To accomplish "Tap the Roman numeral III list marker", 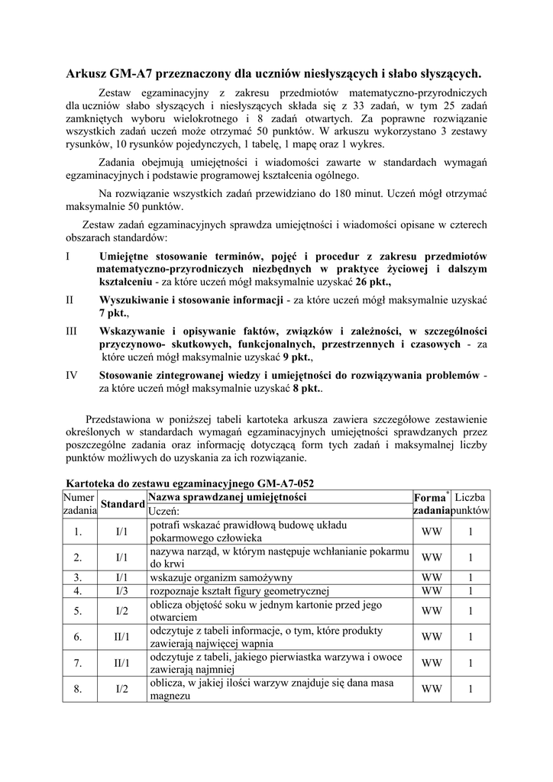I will point(72,331).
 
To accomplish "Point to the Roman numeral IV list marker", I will point(73,375).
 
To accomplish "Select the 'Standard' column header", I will point(122,504).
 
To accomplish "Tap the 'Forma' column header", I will point(429,497).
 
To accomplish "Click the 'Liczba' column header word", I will point(471,497).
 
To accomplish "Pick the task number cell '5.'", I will point(78,611).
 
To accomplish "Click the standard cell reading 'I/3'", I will point(122,590).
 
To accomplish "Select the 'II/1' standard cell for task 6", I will point(122,637).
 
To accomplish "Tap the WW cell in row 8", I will point(432,689).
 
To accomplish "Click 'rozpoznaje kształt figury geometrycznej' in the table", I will point(238,590).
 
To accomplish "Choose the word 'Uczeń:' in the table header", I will point(163,510).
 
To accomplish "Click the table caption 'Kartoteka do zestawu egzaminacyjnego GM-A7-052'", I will point(190,483).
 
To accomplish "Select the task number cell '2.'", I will point(78,557).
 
